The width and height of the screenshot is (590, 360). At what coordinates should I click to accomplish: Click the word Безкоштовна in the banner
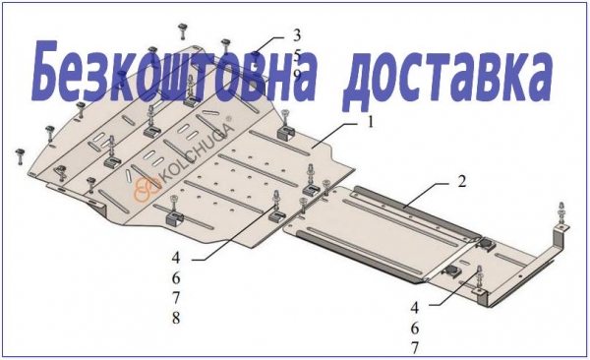[x=173, y=73]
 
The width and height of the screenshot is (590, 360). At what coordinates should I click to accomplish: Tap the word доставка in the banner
[x=447, y=77]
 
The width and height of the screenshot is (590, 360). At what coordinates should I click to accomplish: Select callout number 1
[x=371, y=122]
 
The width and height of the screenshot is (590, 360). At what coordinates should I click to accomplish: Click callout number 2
[x=462, y=182]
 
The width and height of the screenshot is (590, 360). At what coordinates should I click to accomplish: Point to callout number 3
[x=297, y=35]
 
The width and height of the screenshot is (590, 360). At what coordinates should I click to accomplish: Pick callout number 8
[x=176, y=318]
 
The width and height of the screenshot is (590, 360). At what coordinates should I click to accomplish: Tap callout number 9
[x=297, y=76]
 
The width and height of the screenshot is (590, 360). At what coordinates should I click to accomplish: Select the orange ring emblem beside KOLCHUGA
[x=147, y=188]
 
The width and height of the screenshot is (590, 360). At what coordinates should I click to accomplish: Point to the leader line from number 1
[x=336, y=134]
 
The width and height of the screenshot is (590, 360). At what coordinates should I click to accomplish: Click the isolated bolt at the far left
[x=21, y=156]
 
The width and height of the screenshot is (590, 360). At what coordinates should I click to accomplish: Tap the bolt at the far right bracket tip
[x=561, y=214]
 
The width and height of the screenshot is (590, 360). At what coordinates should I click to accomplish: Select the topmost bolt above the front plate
[x=183, y=30]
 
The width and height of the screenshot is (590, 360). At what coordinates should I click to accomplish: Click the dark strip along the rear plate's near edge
[x=359, y=256]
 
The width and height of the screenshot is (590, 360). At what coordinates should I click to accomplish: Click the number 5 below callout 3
[x=297, y=56]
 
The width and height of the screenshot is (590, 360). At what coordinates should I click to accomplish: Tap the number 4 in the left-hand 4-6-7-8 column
[x=176, y=259]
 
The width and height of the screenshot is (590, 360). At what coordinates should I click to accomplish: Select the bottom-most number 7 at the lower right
[x=414, y=348]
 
